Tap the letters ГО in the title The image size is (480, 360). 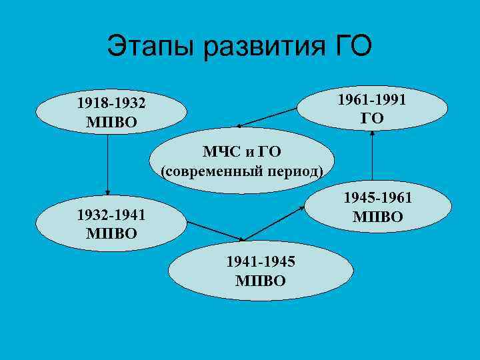349,47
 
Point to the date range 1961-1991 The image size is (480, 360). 372,100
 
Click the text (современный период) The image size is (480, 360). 242,171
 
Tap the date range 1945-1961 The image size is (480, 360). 377,198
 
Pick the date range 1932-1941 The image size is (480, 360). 111,215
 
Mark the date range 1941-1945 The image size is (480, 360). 261,263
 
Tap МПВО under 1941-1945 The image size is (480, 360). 261,280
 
